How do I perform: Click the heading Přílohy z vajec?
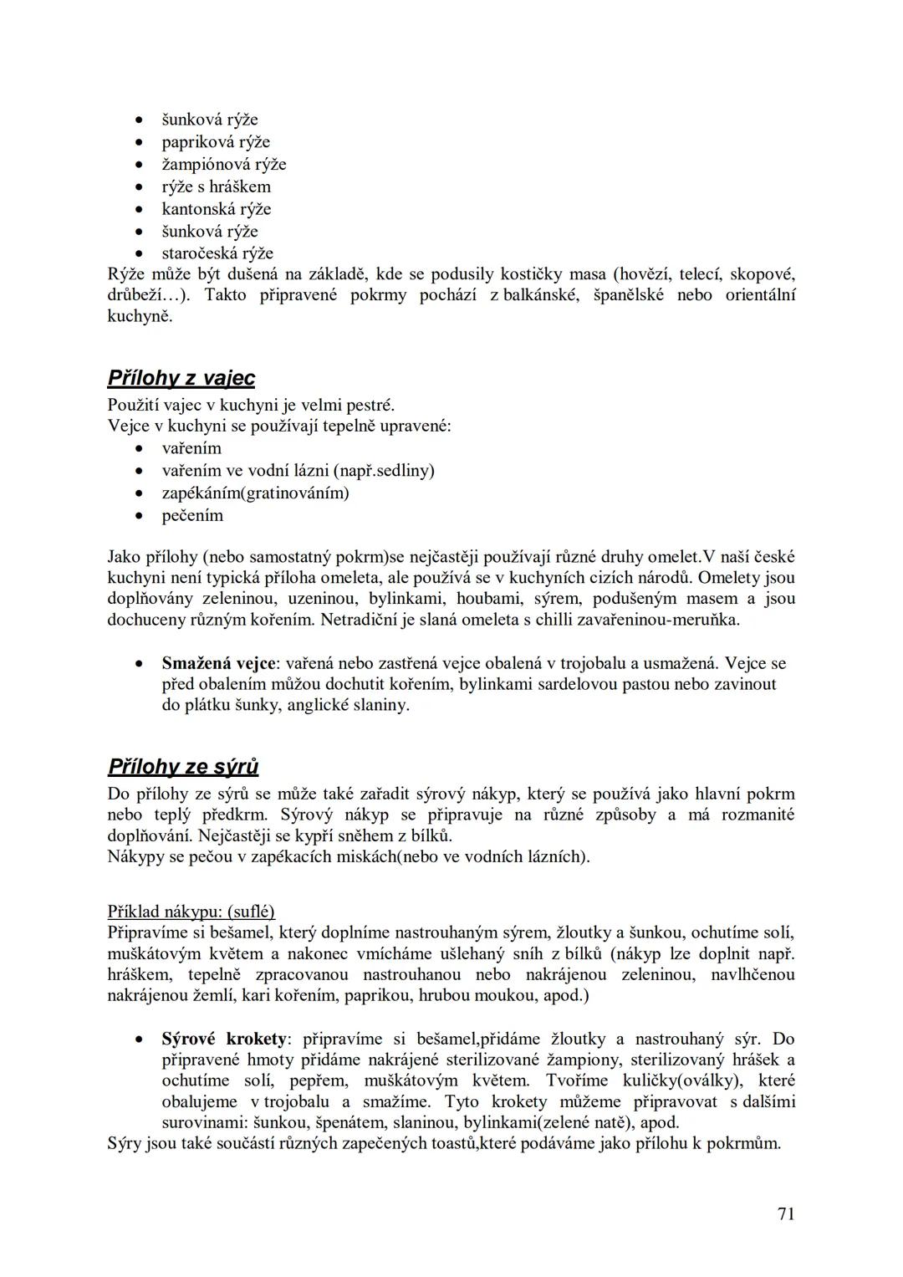181,379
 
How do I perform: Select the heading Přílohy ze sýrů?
183,767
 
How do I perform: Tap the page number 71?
785,1213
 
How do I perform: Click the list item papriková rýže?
216,142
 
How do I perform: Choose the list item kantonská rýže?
217,209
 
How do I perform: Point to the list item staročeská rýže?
217,253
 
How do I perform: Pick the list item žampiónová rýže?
224,165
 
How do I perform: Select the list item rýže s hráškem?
217,186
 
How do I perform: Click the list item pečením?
192,515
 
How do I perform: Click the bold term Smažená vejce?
218,663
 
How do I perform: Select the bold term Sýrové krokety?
224,1039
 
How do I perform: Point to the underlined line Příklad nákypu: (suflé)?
191,912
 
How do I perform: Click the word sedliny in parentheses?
403,471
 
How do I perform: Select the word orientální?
760,295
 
